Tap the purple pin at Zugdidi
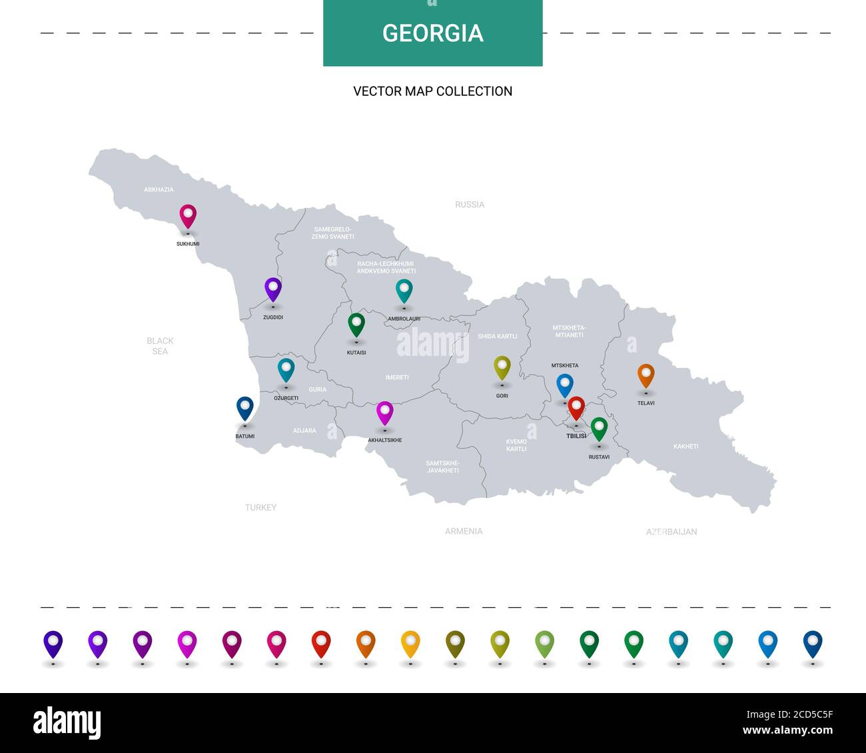(x=273, y=289)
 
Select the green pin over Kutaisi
(x=356, y=325)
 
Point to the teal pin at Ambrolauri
(x=404, y=291)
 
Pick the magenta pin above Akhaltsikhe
(x=385, y=412)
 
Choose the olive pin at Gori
(x=502, y=367)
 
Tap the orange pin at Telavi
(x=646, y=375)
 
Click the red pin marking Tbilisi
(x=576, y=407)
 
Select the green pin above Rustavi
(x=599, y=428)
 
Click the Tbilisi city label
(x=576, y=436)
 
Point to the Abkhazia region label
(x=159, y=190)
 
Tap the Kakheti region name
(x=685, y=446)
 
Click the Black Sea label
(x=160, y=346)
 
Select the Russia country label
(x=470, y=205)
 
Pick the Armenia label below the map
(x=464, y=531)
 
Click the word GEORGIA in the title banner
(x=433, y=33)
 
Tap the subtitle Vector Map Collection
(x=433, y=91)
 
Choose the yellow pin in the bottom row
(x=410, y=643)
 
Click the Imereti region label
(x=397, y=378)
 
